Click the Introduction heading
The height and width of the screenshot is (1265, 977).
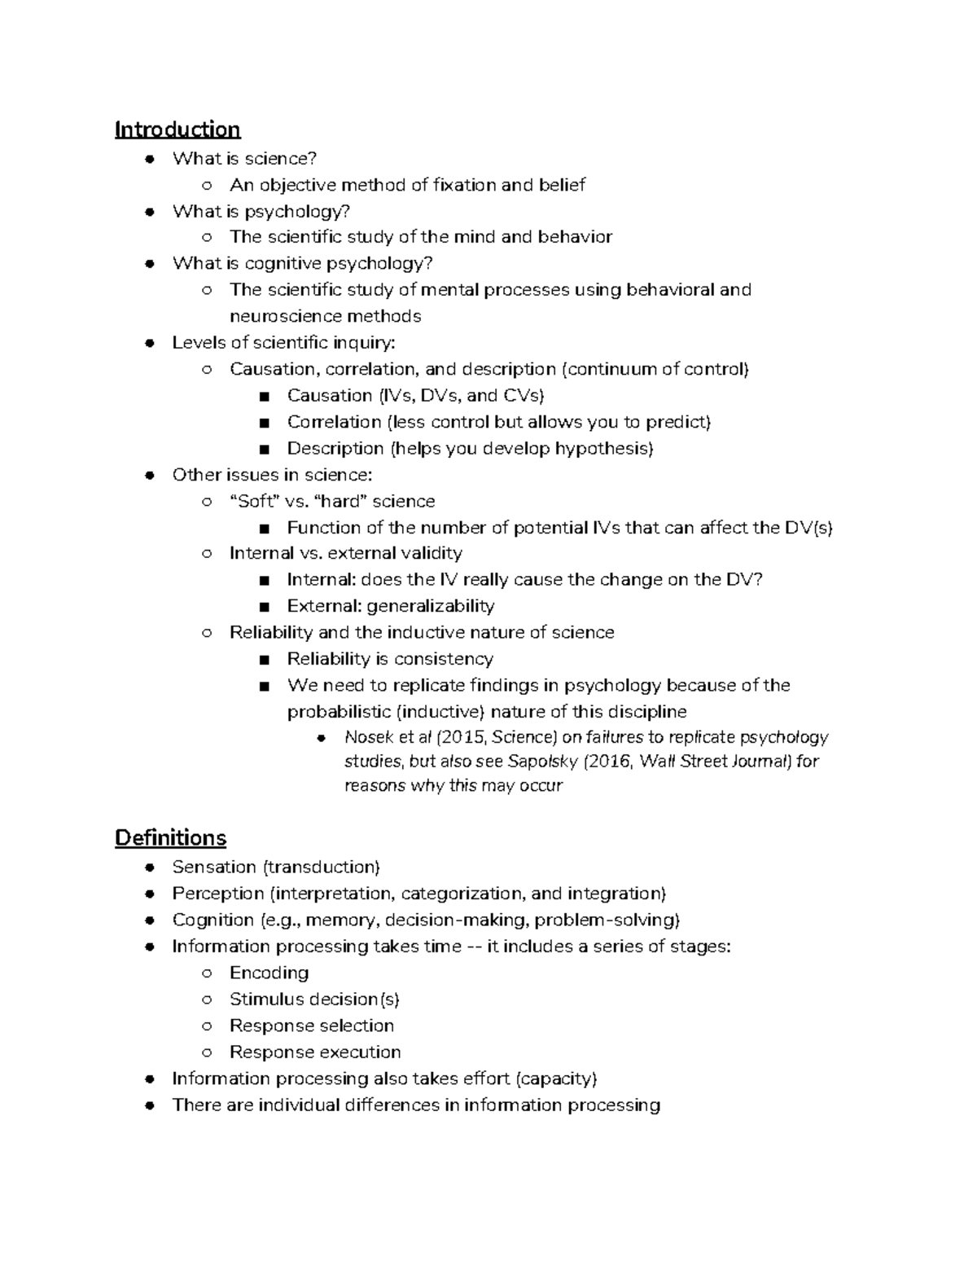177,130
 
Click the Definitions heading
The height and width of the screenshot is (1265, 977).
170,837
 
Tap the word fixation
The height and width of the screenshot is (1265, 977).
464,185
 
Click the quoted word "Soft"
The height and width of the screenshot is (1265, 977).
255,501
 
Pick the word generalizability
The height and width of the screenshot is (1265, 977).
430,606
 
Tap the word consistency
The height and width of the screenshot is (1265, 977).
443,659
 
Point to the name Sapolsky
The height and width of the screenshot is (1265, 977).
538,762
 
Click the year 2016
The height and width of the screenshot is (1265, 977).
603,762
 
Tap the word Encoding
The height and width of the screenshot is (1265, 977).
269,973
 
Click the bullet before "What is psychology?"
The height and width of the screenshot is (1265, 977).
149,212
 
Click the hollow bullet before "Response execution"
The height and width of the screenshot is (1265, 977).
207,1052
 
